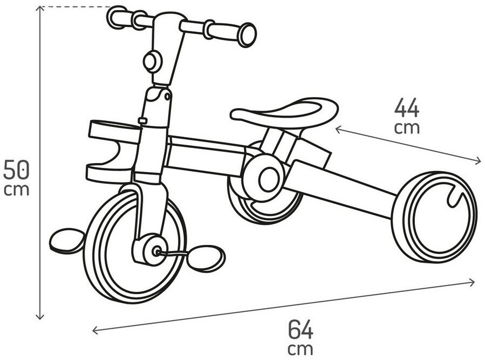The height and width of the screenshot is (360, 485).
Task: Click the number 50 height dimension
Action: click(16, 169)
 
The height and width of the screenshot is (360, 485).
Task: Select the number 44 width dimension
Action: click(407, 107)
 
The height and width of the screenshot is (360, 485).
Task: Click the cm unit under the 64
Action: click(300, 349)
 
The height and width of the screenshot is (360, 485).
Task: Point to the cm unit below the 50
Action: click(16, 189)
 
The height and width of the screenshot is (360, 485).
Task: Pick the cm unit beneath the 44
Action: click(407, 127)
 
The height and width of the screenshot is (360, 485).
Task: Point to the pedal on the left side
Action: click(67, 241)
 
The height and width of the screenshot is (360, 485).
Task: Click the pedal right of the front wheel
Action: click(206, 258)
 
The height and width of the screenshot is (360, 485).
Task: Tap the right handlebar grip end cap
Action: click(248, 35)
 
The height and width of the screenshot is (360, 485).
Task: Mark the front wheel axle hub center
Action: click(156, 251)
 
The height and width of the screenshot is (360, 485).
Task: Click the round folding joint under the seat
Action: click(264, 178)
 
